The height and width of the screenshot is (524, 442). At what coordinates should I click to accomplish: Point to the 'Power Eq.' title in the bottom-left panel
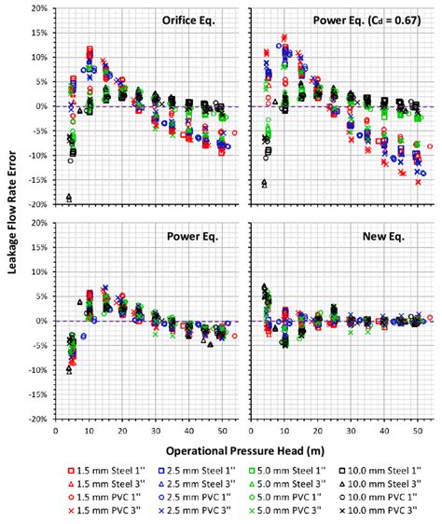tap(191, 237)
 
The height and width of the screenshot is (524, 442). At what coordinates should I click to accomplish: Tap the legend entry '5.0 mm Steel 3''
tap(293, 483)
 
